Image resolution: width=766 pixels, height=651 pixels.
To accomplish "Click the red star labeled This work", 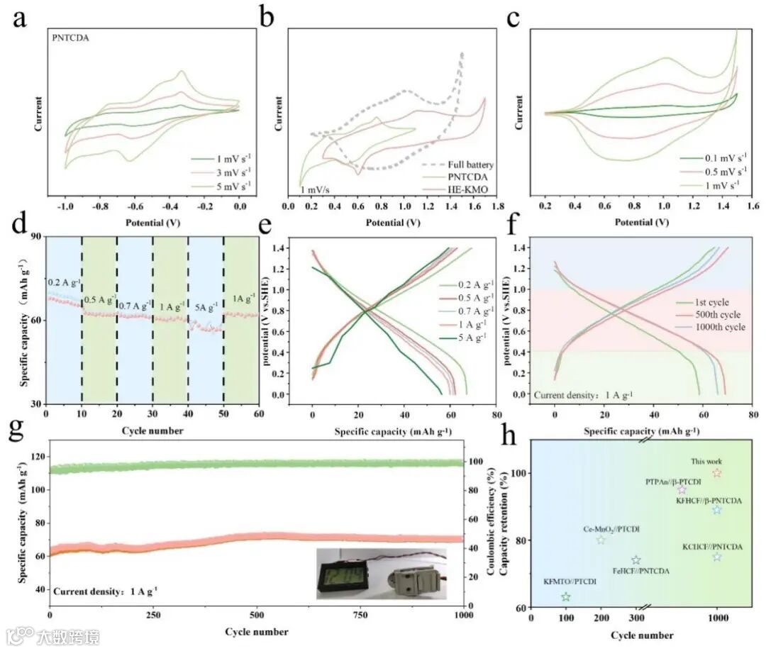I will click(717, 473).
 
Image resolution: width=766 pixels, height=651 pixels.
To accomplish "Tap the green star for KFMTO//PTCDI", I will click(565, 596).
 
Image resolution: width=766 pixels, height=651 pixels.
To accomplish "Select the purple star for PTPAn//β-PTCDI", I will click(682, 489).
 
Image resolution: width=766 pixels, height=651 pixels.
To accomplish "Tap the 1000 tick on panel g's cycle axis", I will click(463, 616).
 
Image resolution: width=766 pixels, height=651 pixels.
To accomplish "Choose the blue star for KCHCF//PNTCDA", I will click(717, 557).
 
